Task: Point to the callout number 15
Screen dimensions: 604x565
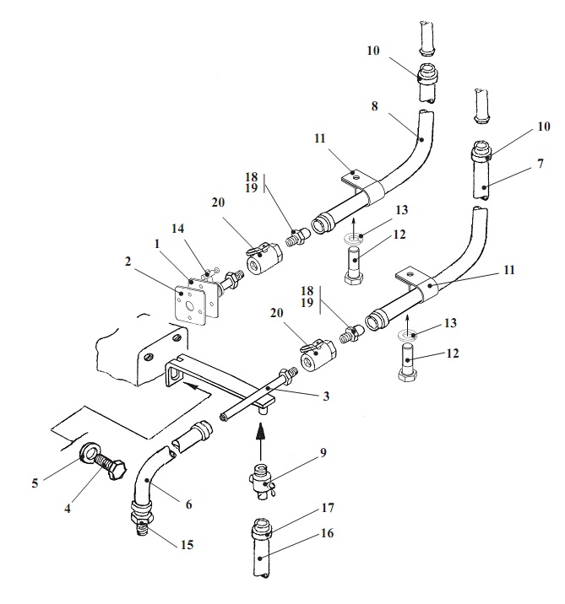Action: (x=187, y=545)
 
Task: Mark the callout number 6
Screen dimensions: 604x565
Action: (x=188, y=504)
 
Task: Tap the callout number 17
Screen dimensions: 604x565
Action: (x=328, y=508)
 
